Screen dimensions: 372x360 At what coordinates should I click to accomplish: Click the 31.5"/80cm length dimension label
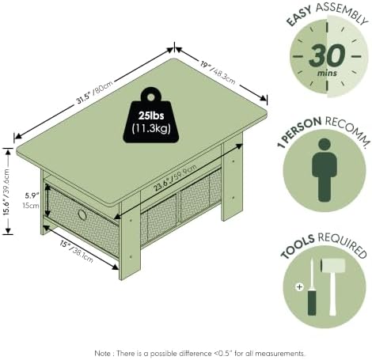(95, 93)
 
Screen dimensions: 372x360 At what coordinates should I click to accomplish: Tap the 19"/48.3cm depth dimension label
(218, 72)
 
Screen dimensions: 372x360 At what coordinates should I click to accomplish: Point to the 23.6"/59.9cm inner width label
(175, 178)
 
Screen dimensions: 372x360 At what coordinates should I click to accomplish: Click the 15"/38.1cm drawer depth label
(76, 252)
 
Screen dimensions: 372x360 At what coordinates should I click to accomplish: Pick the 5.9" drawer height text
(32, 195)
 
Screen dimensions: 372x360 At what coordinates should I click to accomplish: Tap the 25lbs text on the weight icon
(151, 116)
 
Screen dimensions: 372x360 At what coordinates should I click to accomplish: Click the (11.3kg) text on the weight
(151, 128)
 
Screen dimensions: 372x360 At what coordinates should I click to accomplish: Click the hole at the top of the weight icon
(150, 97)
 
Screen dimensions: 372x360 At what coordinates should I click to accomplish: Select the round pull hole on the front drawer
(82, 214)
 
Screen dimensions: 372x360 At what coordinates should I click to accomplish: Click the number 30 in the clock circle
(327, 55)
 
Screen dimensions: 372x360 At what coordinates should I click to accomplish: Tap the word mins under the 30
(327, 73)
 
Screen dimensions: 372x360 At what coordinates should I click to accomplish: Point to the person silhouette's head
(325, 144)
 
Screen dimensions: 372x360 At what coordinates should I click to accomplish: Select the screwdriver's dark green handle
(312, 302)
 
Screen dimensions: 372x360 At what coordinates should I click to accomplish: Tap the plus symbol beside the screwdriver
(299, 286)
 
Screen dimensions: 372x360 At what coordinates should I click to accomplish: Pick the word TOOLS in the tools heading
(298, 247)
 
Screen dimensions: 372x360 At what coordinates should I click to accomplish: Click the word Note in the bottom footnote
(104, 353)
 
